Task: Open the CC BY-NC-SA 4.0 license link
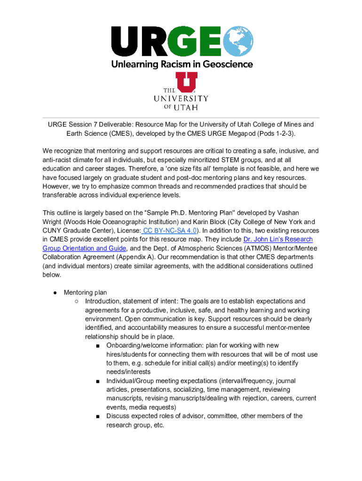[x=170, y=230]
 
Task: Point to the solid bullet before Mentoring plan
[x=55, y=292]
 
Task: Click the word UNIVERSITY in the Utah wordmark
[x=181, y=99]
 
